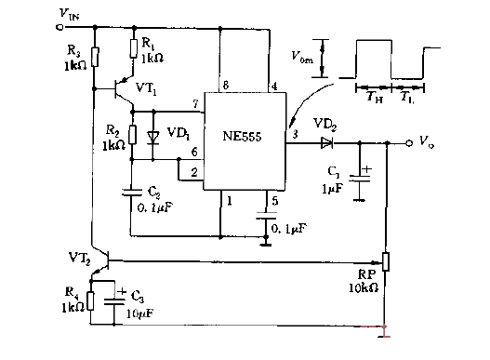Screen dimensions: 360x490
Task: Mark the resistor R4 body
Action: [90, 303]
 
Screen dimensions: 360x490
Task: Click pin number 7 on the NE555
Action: [194, 102]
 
